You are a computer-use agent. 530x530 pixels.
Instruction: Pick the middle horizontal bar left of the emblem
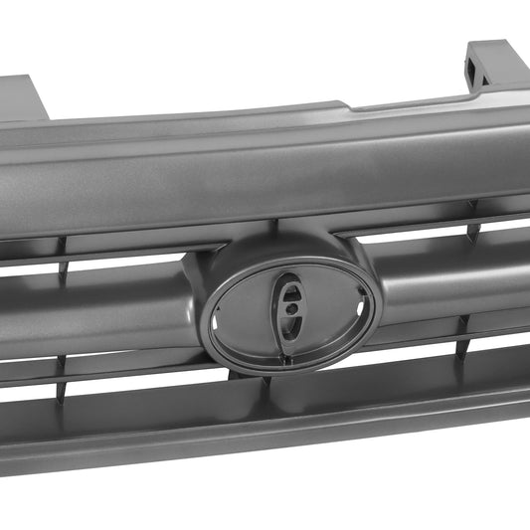tap(99, 308)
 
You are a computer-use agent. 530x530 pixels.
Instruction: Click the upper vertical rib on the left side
tap(62, 248)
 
